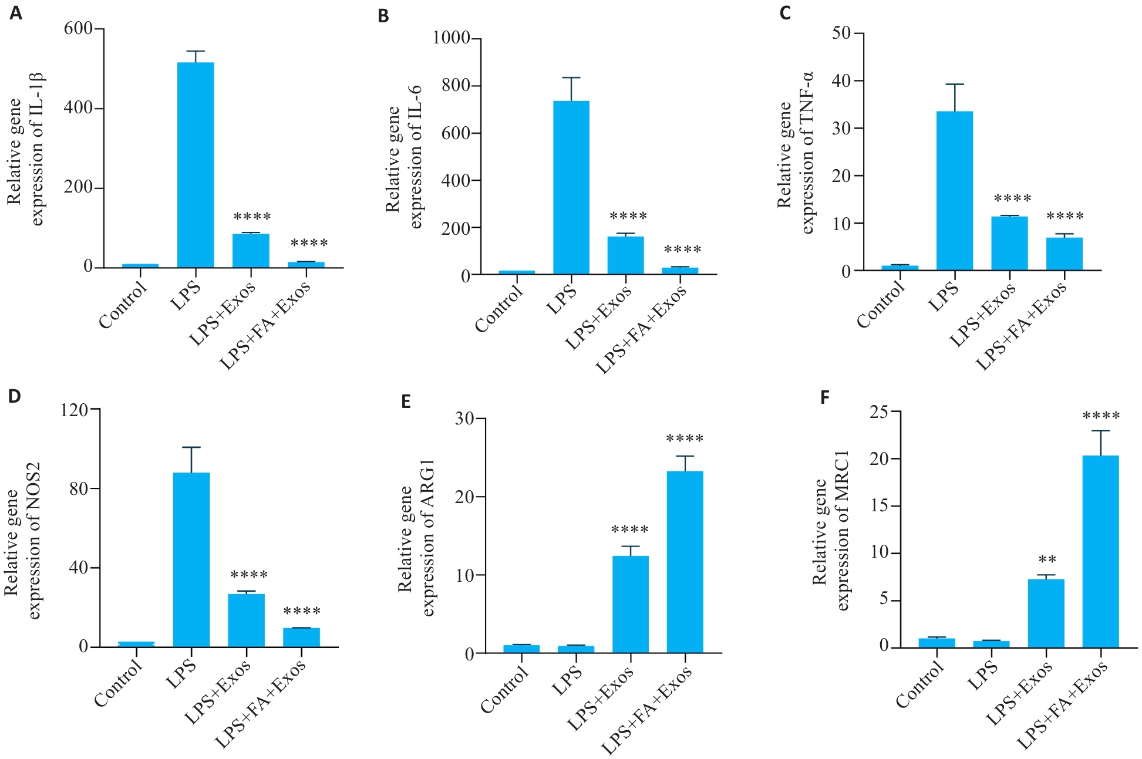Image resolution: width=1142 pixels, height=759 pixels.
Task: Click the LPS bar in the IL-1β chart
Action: [x=196, y=165]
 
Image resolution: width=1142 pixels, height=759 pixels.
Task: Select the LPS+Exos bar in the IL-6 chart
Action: [x=625, y=255]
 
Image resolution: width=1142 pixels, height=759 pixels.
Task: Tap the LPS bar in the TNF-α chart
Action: [x=955, y=191]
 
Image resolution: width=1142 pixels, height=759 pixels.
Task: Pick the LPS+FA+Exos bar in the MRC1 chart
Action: [x=1101, y=551]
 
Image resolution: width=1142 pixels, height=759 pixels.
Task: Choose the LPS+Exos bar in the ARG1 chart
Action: [x=630, y=604]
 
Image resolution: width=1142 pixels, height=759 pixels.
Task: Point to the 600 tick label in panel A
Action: [x=78, y=28]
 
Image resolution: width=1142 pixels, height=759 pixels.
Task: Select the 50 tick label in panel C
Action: [x=841, y=33]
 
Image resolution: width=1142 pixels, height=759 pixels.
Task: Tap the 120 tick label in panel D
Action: [x=74, y=409]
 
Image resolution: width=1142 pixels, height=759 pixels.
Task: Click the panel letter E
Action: [x=406, y=402]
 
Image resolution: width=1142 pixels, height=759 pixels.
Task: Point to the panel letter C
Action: [x=786, y=13]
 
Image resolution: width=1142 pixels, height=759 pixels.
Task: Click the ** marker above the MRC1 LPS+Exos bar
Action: [x=1047, y=559]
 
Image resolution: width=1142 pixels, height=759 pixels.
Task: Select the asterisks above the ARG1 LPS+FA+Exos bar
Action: [x=685, y=438]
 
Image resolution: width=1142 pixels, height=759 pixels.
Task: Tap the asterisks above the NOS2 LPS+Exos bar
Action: [x=249, y=575]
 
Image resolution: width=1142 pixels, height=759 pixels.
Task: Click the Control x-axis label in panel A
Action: [x=123, y=305]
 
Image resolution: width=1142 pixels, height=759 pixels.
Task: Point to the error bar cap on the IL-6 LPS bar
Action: [x=571, y=77]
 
